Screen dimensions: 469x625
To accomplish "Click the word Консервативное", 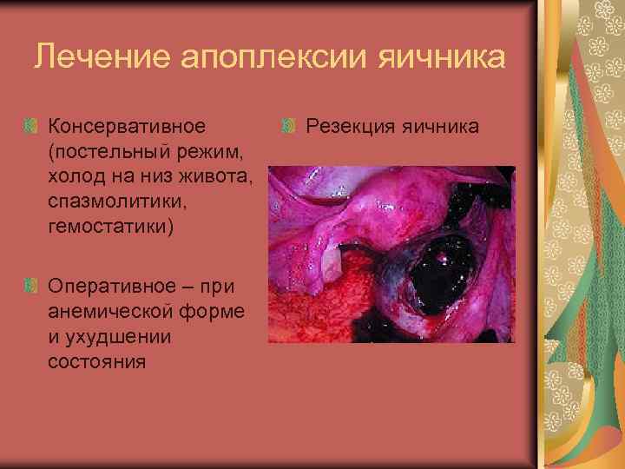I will point(127,127).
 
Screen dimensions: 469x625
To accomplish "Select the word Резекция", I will point(350,127).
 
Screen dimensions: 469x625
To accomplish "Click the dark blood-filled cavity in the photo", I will point(438,278).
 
